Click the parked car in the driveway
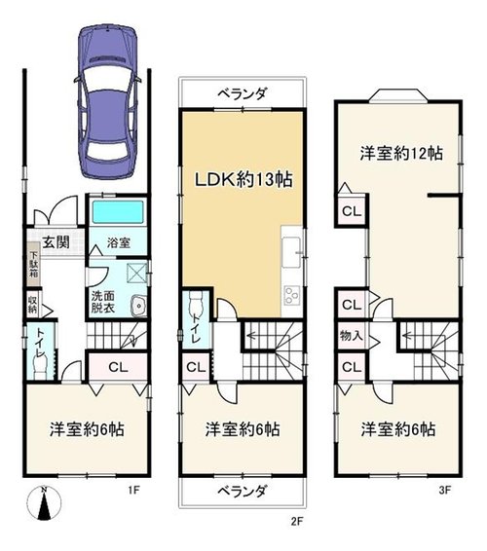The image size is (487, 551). tap(108, 102)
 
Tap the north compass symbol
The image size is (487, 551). tap(44, 503)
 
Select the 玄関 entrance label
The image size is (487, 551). tap(56, 242)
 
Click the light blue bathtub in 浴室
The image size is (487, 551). tap(118, 212)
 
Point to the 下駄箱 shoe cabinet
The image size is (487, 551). tap(33, 264)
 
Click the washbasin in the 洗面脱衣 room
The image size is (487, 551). tap(139, 306)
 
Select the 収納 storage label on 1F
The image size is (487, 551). tap(32, 305)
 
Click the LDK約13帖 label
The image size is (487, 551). tap(243, 179)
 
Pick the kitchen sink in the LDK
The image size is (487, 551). tap(291, 251)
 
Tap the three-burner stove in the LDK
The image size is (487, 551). tap(292, 296)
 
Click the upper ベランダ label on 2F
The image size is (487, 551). tap(242, 93)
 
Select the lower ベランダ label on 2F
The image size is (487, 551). tap(242, 491)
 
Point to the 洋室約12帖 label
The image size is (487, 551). tap(401, 154)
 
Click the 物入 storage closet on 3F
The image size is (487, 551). tap(352, 336)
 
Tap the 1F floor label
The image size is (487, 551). tap(134, 490)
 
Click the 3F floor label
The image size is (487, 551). tap(445, 490)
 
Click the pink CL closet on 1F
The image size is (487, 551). tap(118, 367)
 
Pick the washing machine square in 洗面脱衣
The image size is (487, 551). tap(136, 273)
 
